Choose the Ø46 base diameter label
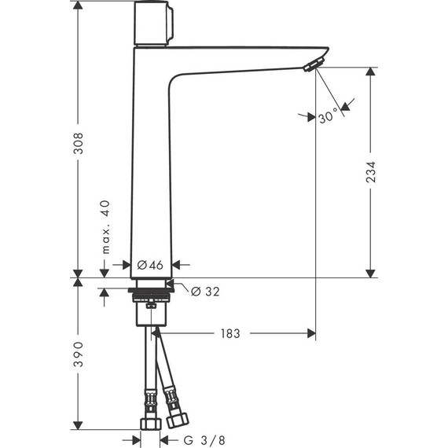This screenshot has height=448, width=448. coord(149,265)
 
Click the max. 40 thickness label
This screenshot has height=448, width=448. coord(105,226)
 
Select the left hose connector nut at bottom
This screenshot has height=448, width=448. coord(149,424)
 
